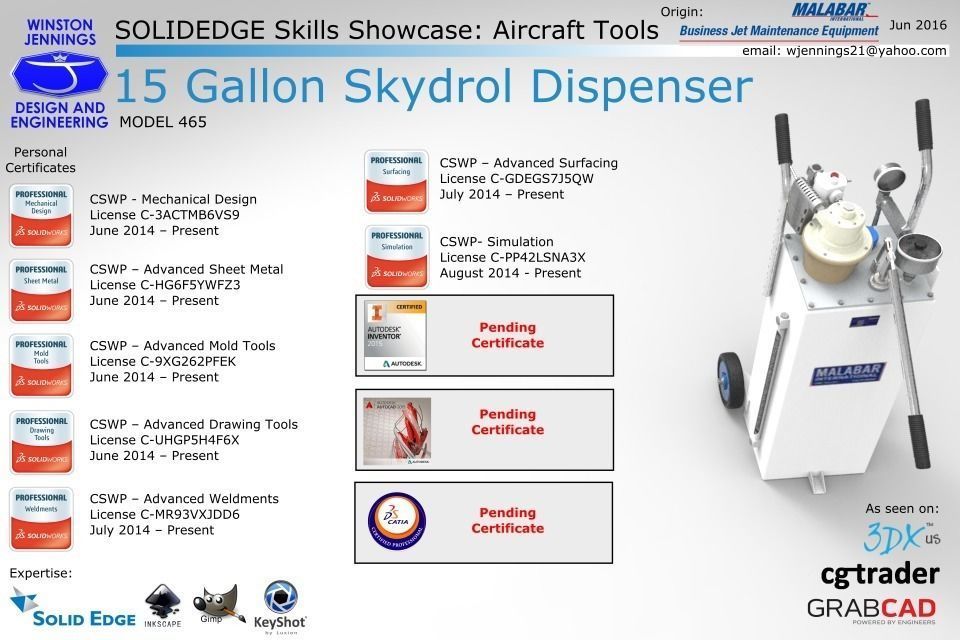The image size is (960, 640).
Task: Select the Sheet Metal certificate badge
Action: click(x=41, y=288)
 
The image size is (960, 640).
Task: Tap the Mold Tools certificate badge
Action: click(x=41, y=365)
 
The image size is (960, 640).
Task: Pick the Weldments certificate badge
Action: click(x=41, y=518)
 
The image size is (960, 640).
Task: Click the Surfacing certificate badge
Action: click(x=396, y=181)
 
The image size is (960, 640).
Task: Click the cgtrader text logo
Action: click(x=879, y=574)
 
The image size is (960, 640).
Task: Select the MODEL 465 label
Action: click(x=163, y=122)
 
